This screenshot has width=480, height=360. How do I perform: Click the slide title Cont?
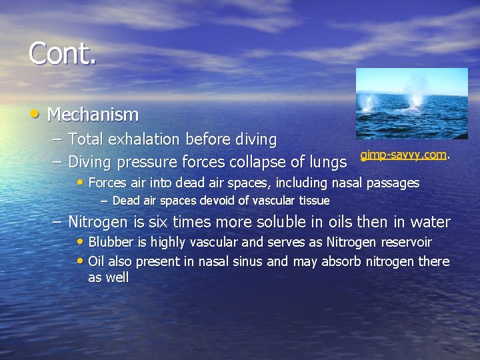(x=63, y=53)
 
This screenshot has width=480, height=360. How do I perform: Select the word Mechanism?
(x=93, y=115)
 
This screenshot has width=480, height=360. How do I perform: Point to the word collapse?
(x=254, y=162)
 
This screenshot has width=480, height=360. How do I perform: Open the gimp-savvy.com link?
(x=403, y=155)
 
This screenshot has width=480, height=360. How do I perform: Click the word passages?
(x=394, y=183)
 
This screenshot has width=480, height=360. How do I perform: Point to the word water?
(x=429, y=221)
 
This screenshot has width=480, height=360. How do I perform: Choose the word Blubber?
(x=111, y=242)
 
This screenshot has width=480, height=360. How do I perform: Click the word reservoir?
(x=406, y=242)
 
